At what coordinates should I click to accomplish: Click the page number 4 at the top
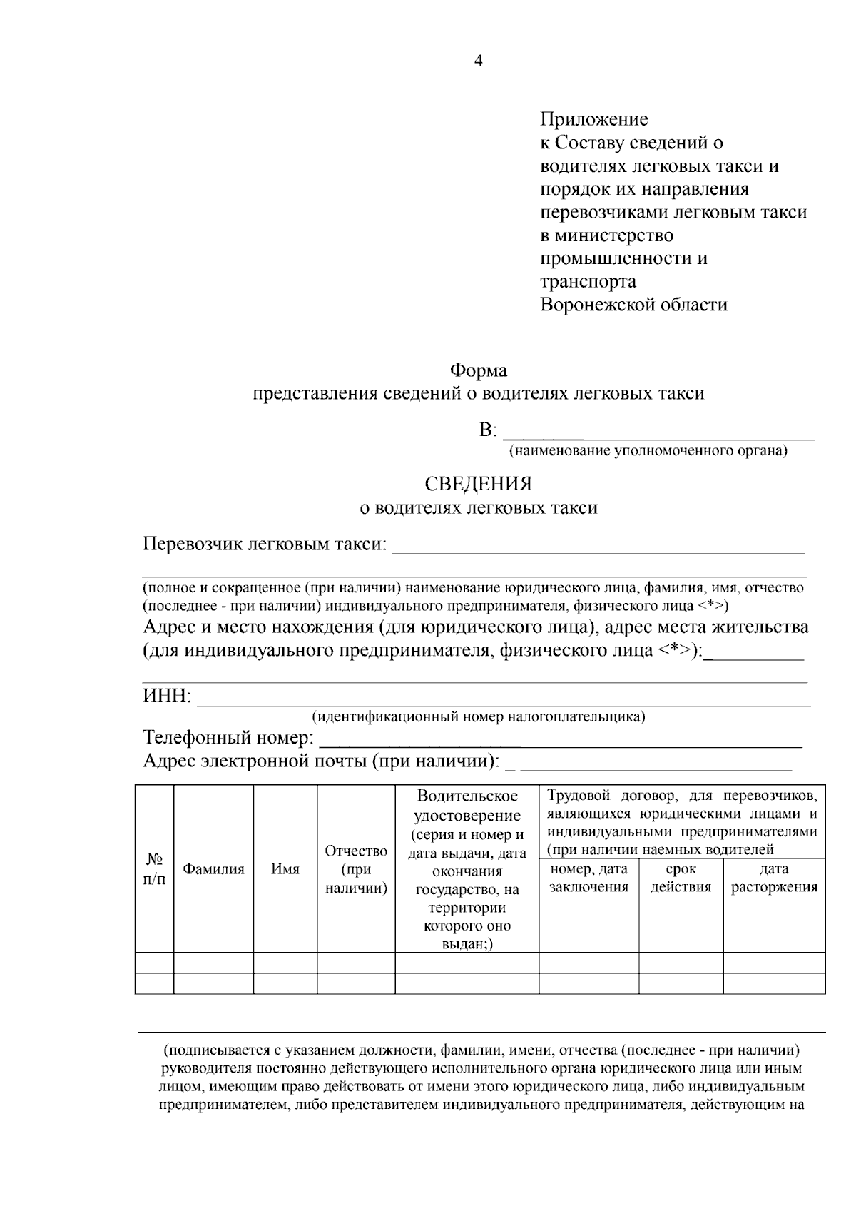click(x=479, y=61)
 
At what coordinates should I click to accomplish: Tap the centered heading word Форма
click(x=478, y=370)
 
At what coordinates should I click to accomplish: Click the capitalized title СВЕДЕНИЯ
click(x=478, y=484)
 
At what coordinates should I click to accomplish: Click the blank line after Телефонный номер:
click(x=560, y=739)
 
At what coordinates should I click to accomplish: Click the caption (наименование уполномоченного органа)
click(x=648, y=451)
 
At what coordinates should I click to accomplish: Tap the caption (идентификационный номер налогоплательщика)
click(x=478, y=716)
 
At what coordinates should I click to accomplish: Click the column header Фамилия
click(x=213, y=869)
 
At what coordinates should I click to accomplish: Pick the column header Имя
click(x=285, y=869)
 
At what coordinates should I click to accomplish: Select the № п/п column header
click(x=154, y=869)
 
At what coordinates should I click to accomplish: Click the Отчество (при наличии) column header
click(x=356, y=869)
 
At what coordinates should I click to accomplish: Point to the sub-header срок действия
click(x=681, y=878)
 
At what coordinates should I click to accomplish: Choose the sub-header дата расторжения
click(x=774, y=878)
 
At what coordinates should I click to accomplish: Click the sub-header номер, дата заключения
click(x=588, y=878)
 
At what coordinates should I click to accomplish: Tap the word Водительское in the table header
click(x=467, y=796)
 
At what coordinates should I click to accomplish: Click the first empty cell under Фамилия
click(x=213, y=963)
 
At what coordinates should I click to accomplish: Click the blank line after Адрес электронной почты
click(x=656, y=764)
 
